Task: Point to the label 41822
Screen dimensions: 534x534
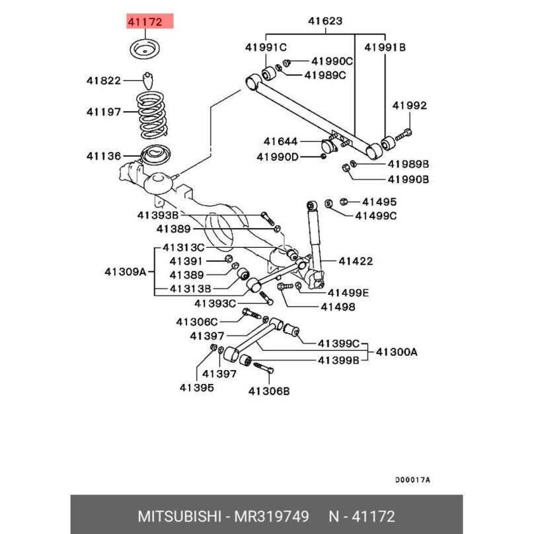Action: tap(104, 81)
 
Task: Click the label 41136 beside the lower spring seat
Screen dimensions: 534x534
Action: tap(104, 157)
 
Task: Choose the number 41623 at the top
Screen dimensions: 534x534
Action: tap(325, 21)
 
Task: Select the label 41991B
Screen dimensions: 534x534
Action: tap(385, 47)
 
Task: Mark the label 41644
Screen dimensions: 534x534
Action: tap(281, 141)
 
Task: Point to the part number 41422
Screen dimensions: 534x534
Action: tap(357, 260)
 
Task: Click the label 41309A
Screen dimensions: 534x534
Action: tap(125, 271)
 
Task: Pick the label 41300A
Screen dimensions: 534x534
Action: tap(397, 352)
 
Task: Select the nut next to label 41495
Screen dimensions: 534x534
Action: tap(344, 201)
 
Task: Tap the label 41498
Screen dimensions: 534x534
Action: tap(338, 307)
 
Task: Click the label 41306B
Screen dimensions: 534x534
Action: tap(269, 391)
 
